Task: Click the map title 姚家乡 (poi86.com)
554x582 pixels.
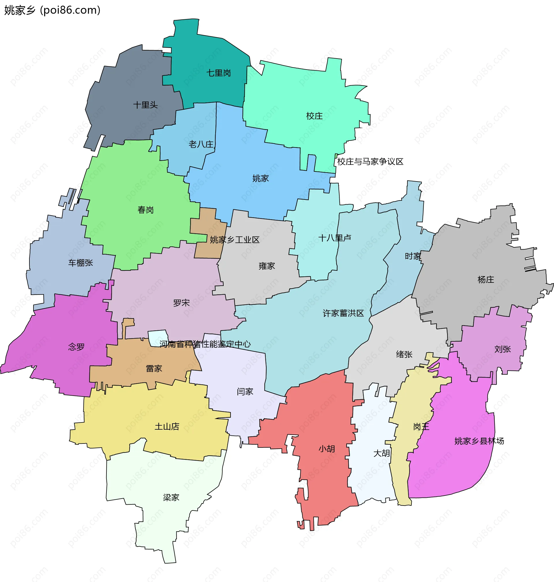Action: point(52,10)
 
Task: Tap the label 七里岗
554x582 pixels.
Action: point(218,73)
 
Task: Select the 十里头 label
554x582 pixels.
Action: point(145,105)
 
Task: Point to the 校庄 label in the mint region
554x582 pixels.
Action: point(314,116)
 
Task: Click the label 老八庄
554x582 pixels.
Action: point(201,144)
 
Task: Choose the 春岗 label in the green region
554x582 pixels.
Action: point(146,210)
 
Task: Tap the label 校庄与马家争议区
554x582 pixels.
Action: point(370,162)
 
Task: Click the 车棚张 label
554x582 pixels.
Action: point(81,263)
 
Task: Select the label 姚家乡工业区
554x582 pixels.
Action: point(235,240)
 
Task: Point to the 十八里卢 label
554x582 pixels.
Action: point(335,238)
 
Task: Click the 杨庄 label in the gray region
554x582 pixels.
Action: point(486,279)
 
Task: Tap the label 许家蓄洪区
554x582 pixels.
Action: point(343,313)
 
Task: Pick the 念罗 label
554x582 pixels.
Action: point(76,347)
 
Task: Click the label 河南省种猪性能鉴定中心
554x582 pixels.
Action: point(205,344)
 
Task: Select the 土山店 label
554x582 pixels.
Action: point(167,426)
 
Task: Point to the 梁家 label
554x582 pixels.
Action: point(171,497)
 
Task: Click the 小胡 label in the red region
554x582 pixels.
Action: point(327,449)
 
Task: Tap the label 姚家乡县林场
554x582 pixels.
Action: point(479,441)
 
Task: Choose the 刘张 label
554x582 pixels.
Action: point(502,349)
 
